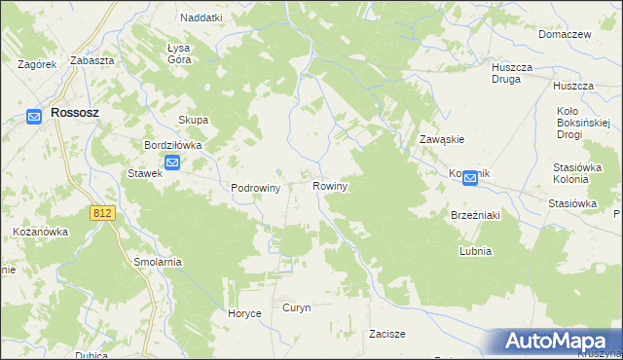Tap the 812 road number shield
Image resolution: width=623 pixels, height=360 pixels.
pyautogui.click(x=100, y=212)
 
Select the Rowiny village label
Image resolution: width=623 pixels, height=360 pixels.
pyautogui.click(x=330, y=185)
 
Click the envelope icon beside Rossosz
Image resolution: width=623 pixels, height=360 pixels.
pyautogui.click(x=34, y=117)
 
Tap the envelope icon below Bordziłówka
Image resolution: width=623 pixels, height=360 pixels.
pyautogui.click(x=172, y=163)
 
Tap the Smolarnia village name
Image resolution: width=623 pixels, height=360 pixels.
pyautogui.click(x=158, y=263)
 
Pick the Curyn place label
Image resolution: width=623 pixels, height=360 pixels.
pyautogui.click(x=296, y=307)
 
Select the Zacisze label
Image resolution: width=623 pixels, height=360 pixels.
pyautogui.click(x=386, y=334)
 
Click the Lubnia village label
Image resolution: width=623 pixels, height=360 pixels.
pyautogui.click(x=475, y=251)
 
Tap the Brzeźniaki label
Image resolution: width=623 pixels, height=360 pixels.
pyautogui.click(x=474, y=215)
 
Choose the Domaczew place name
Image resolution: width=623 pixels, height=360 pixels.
pyautogui.click(x=566, y=34)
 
